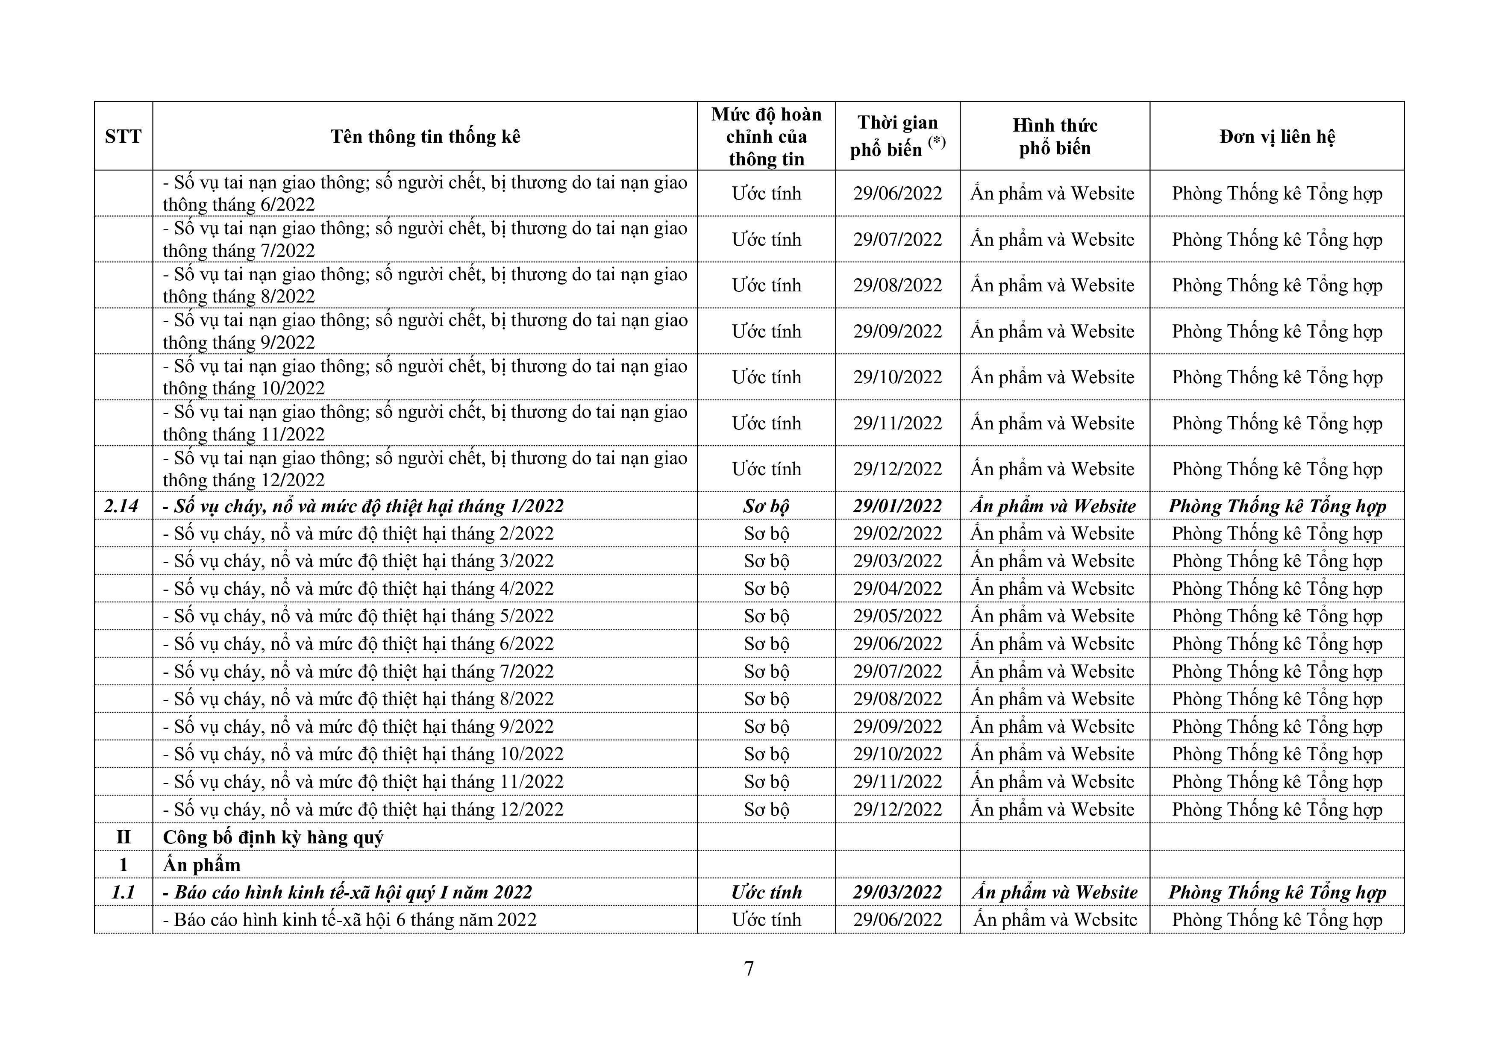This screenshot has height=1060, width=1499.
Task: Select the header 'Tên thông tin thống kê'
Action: pos(425,136)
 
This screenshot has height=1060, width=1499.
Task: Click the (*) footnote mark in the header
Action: pos(937,142)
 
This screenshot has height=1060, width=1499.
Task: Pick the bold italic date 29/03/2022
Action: pos(897,892)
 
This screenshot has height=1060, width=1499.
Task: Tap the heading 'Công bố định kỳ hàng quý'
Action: pos(273,837)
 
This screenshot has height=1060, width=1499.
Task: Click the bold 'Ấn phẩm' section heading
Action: pos(202,865)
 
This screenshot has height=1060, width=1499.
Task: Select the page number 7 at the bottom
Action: pos(749,969)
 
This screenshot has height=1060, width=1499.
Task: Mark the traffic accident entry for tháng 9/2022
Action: pos(424,331)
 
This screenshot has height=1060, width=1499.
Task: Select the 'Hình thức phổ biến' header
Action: pos(1055,136)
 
